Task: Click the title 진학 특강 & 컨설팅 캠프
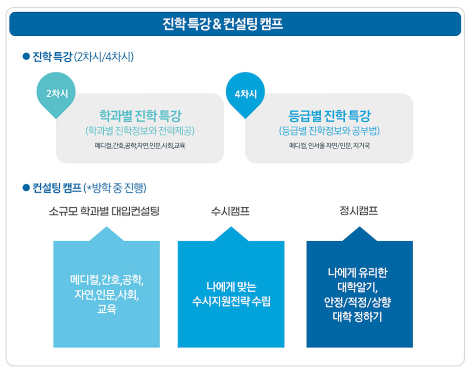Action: (x=223, y=24)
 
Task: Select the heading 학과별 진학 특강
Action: (x=141, y=116)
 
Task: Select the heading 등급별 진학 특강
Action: (x=329, y=116)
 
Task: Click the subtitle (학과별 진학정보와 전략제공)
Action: (x=140, y=131)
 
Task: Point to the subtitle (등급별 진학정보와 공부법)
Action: (x=329, y=131)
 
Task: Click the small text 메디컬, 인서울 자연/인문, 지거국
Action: (x=329, y=146)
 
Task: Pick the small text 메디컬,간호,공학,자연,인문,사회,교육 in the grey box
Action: (x=140, y=146)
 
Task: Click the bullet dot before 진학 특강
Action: (x=26, y=56)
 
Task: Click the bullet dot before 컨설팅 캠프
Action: (x=26, y=187)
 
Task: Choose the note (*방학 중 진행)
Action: (x=115, y=188)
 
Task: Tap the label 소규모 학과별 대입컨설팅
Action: (x=104, y=211)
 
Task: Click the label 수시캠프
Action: (x=230, y=211)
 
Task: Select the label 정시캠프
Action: (x=358, y=211)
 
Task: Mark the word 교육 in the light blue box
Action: (x=107, y=309)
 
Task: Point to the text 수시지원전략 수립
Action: (x=231, y=301)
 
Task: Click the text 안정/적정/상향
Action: (x=357, y=302)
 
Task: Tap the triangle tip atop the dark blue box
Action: (x=359, y=227)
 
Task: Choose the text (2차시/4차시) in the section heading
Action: (x=104, y=57)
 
